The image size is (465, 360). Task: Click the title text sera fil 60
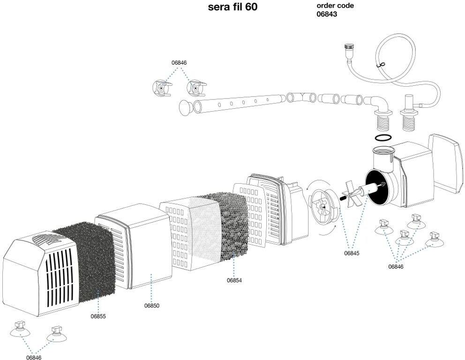pos(232,7)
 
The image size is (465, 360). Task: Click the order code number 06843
pos(327,14)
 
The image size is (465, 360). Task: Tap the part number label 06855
pos(98,316)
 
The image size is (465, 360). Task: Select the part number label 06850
pos(151,306)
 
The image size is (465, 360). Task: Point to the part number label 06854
pos(234,280)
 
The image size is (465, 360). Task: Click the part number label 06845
pos(352,253)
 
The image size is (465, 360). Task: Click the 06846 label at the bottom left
pos(34,357)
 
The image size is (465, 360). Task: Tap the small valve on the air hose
pos(382,66)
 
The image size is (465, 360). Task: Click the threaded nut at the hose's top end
pos(348,47)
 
